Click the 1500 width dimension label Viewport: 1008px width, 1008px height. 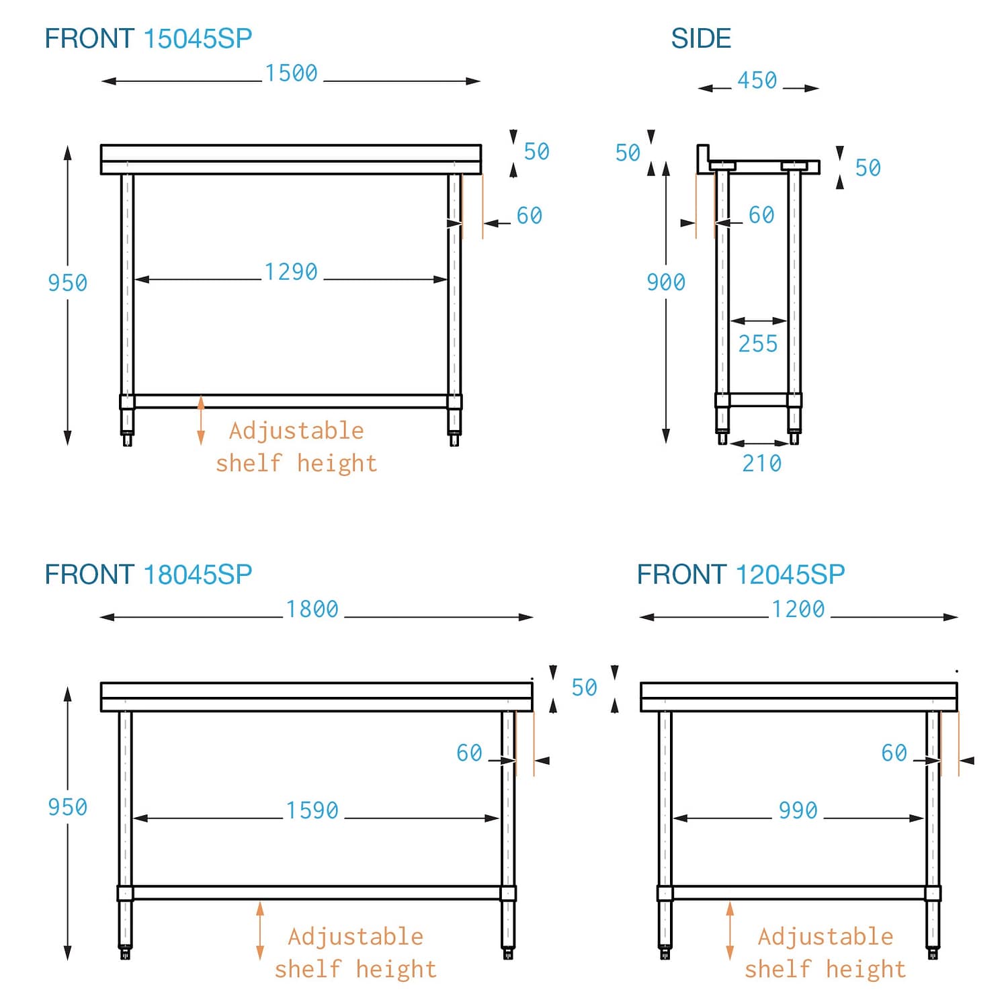click(291, 73)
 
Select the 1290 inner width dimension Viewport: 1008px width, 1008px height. click(291, 272)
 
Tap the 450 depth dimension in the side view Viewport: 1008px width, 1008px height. click(757, 81)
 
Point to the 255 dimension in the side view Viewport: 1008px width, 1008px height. click(758, 344)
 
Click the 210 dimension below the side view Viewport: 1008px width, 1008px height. click(761, 464)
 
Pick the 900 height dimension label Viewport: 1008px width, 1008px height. click(665, 282)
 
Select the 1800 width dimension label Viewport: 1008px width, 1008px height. click(312, 610)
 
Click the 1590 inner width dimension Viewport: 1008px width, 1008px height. click(312, 811)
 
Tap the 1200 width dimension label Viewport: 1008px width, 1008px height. click(798, 610)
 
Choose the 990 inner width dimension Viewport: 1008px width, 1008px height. click(798, 811)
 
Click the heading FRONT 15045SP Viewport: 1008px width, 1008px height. click(149, 39)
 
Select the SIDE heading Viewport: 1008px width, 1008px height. click(701, 39)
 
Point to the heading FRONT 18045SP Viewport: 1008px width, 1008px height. click(149, 575)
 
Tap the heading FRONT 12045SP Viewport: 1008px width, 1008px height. click(741, 575)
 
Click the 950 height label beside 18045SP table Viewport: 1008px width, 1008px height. click(67, 807)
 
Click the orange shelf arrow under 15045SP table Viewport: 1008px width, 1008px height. click(201, 421)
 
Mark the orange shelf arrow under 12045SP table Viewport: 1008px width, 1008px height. click(730, 931)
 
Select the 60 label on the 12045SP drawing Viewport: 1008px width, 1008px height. click(894, 753)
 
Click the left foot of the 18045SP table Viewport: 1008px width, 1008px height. click(125, 952)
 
